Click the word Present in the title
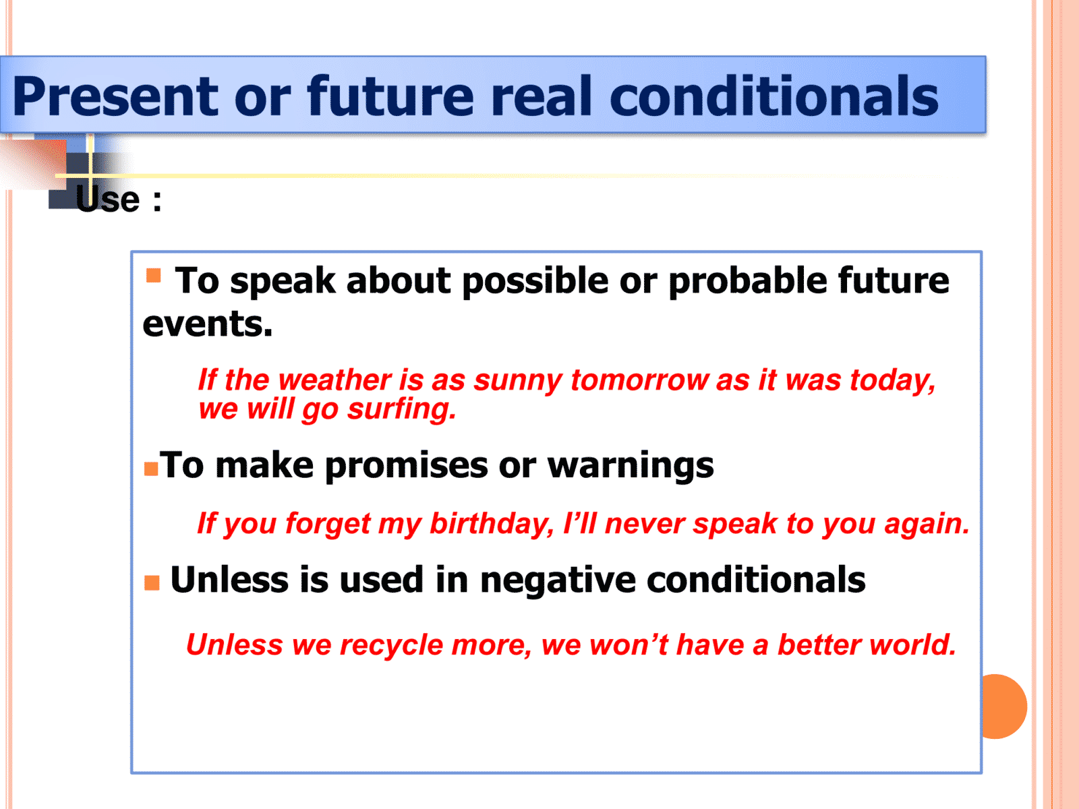pos(115,96)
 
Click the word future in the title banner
pos(390,96)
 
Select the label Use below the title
pos(108,200)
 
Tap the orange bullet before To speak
pos(154,275)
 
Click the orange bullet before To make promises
pos(151,469)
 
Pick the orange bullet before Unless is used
pos(152,582)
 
